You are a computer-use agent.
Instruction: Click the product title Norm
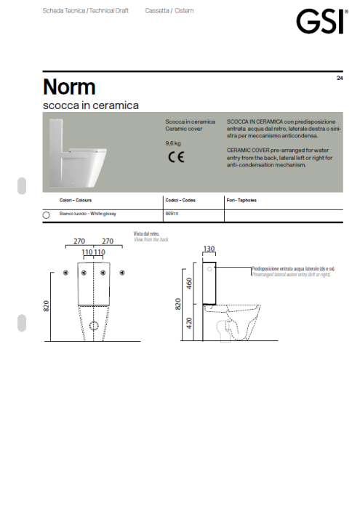69,87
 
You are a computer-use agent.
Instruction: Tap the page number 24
340,78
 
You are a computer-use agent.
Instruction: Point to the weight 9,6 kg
173,144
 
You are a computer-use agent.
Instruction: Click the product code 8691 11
173,215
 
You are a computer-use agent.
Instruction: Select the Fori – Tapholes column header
241,199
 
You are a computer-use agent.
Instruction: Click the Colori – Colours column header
75,199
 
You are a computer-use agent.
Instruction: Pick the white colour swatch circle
46,215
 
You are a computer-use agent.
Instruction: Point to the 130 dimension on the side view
209,249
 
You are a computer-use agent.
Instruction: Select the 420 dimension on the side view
188,322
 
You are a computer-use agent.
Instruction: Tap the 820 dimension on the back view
46,308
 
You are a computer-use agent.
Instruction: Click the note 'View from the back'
151,239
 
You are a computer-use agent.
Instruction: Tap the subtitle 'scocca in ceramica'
91,105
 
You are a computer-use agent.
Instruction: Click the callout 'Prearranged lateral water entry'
291,276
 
